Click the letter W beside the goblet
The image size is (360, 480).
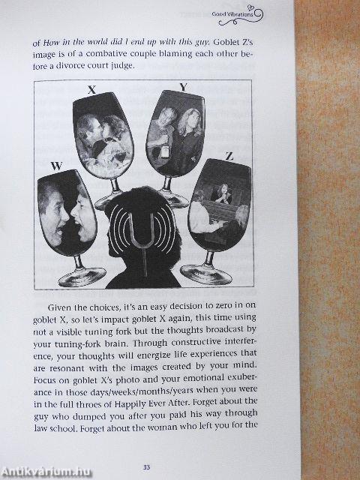click(x=56, y=166)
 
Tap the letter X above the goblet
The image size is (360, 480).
click(x=91, y=90)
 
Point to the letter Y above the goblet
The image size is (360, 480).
click(x=183, y=88)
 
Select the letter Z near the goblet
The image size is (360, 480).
click(x=229, y=157)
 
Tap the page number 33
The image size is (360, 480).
click(x=146, y=467)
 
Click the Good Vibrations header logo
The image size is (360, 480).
click(x=238, y=16)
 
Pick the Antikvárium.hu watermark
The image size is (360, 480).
click(x=46, y=472)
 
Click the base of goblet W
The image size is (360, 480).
click(x=82, y=277)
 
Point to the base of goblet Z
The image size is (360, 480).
click(x=206, y=274)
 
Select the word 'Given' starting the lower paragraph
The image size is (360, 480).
click(x=60, y=307)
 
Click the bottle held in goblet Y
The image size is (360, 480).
click(x=166, y=151)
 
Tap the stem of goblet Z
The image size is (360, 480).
click(x=209, y=258)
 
